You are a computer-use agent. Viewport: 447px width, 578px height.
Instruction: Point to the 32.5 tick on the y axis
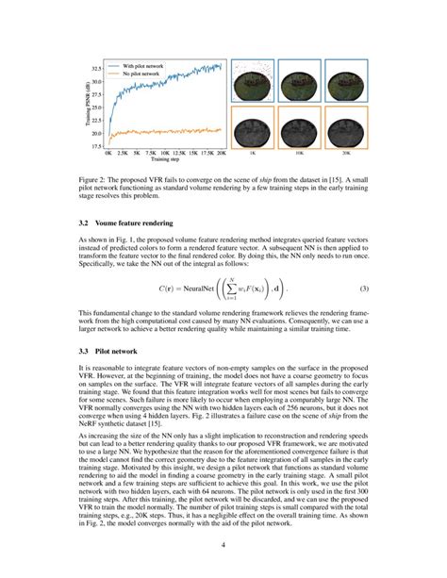tap(96, 70)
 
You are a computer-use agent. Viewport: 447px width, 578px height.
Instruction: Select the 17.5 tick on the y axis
tap(96, 146)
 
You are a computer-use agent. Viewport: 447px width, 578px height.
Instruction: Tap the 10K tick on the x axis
tap(166, 153)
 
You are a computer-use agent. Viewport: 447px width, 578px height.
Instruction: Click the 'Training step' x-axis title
tap(166, 160)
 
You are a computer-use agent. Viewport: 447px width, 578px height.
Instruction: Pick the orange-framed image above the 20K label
tap(344, 124)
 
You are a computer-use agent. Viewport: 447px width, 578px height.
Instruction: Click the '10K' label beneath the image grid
tap(300, 151)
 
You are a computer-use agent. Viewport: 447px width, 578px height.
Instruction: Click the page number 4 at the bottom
tap(223, 546)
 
